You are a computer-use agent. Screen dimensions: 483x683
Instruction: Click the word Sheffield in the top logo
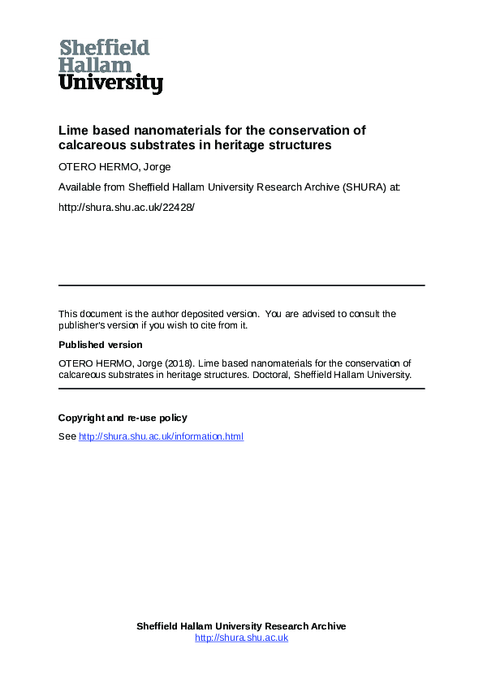click(105, 47)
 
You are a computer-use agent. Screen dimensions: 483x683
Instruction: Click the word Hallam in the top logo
click(95, 65)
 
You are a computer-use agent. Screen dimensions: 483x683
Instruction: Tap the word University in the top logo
click(110, 83)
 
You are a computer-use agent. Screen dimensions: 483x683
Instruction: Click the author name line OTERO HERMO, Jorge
click(114, 168)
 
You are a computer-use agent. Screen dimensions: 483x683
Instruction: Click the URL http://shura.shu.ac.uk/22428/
click(127, 207)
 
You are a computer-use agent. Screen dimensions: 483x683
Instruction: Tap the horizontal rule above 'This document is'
click(241, 286)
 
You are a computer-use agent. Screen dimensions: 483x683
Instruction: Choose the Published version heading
click(100, 345)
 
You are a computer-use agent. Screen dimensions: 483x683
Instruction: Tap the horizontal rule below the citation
click(241, 389)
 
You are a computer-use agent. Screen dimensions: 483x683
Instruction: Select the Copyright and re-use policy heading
click(123, 418)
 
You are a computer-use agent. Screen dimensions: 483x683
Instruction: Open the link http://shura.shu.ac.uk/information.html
click(161, 436)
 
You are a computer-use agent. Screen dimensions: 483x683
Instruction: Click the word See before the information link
click(67, 436)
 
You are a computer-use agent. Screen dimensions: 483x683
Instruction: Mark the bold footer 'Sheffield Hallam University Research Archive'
click(241, 626)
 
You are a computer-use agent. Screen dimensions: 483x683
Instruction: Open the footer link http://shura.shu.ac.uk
click(241, 638)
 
